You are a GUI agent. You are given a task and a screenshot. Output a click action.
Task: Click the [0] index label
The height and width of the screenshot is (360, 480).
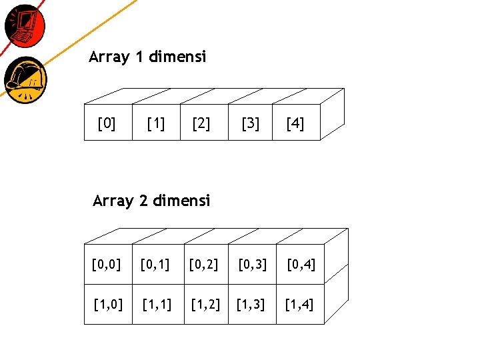tap(106, 124)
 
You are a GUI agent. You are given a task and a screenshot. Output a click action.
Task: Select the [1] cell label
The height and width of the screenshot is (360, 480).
tap(157, 124)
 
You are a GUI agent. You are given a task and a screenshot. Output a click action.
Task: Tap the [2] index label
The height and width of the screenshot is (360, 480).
tap(201, 124)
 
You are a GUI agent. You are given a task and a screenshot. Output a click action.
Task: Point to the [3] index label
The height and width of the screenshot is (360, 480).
tap(251, 124)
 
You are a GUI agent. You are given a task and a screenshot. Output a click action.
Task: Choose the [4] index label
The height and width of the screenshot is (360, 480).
tap(295, 124)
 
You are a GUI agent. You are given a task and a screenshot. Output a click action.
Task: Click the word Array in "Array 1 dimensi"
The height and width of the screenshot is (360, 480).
tap(109, 58)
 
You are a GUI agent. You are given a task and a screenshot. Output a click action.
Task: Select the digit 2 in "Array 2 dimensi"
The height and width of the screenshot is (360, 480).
tap(143, 201)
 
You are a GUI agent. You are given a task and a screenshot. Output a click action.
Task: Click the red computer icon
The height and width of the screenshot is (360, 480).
tap(25, 26)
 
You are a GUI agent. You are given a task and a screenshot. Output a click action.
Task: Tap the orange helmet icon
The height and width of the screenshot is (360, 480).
tap(25, 79)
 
